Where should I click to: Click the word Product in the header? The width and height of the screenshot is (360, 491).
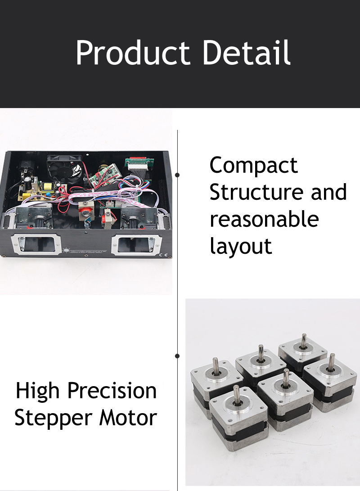(133, 53)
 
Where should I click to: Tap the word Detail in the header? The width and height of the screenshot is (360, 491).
(247, 52)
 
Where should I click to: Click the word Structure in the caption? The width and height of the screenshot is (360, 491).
(256, 192)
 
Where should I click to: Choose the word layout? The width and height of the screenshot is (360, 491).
(241, 247)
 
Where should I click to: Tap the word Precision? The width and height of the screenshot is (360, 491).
(112, 391)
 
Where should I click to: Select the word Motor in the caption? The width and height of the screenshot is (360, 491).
(128, 418)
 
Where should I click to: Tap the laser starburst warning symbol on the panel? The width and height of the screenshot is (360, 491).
(66, 251)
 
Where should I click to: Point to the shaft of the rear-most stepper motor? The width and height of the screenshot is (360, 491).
(304, 341)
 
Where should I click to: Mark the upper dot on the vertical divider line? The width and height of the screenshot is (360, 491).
(177, 175)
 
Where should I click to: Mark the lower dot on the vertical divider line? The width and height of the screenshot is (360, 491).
(177, 356)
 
